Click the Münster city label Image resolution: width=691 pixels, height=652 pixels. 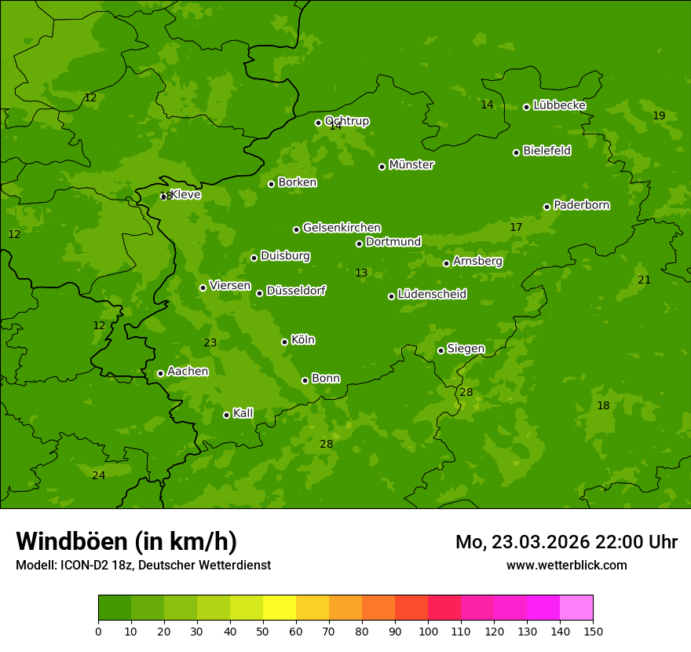411,165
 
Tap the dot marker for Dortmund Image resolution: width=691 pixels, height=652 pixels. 360,244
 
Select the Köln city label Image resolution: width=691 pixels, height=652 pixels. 303,340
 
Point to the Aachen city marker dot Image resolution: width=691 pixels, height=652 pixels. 161,373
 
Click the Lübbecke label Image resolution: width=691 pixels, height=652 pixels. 559,105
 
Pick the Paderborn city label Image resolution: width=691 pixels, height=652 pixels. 582,205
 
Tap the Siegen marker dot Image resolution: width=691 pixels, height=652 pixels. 441,350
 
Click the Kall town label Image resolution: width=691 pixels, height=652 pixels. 243,413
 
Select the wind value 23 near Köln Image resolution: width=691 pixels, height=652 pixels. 210,342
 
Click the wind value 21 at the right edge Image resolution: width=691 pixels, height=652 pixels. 645,280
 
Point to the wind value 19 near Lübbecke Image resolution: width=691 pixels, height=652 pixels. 659,115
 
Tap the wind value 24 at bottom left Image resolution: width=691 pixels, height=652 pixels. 98,475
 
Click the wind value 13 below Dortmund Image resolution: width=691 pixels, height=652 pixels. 361,273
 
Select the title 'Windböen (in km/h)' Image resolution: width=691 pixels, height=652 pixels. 126,541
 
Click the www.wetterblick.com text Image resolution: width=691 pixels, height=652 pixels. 567,565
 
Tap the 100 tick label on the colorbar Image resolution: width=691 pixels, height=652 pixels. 428,631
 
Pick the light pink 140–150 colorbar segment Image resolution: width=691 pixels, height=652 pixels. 576,608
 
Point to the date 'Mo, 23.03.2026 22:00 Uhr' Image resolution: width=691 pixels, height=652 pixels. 566,542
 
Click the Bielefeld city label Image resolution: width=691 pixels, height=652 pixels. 547,150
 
